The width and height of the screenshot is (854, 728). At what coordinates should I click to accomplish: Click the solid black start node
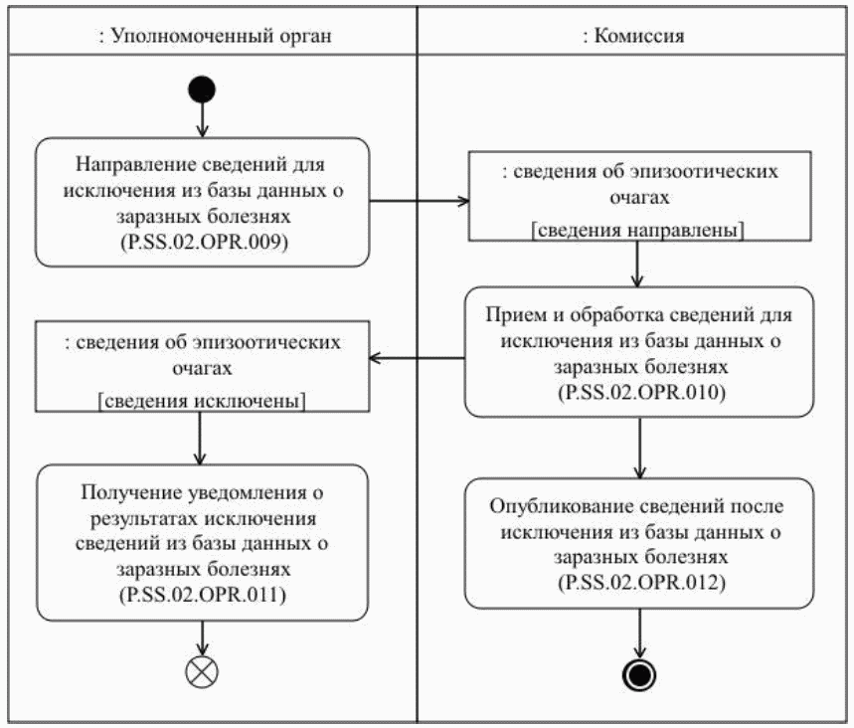(202, 91)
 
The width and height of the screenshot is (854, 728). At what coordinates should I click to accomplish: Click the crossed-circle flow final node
(202, 673)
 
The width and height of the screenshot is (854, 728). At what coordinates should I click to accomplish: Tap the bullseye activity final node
(638, 675)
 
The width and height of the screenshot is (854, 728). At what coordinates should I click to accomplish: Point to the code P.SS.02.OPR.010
(638, 392)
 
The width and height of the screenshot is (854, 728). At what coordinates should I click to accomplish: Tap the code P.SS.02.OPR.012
(638, 582)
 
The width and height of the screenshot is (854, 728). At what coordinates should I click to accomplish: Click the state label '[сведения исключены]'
(202, 401)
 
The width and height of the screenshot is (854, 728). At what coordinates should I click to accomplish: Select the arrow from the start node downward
(202, 120)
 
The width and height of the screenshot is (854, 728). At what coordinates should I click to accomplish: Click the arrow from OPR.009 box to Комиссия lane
(419, 201)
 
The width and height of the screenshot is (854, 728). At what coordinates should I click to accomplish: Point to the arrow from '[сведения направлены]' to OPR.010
(638, 265)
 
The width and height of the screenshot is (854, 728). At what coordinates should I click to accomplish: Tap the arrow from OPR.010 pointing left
(418, 358)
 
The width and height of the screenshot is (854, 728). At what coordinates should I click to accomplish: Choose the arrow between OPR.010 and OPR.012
(638, 447)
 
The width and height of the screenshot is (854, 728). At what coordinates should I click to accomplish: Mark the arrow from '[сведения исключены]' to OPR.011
(202, 438)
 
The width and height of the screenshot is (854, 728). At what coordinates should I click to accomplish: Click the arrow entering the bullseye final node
(638, 633)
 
